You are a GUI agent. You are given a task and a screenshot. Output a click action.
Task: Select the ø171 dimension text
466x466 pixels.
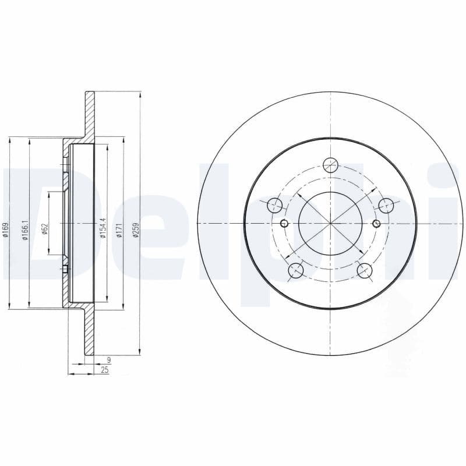[x=119, y=229]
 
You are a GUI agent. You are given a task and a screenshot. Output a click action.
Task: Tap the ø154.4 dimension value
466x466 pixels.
[x=103, y=224]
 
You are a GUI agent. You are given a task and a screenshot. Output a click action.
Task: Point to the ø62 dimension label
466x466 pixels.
[x=44, y=228]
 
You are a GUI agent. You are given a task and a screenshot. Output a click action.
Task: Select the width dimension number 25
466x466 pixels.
[x=105, y=370]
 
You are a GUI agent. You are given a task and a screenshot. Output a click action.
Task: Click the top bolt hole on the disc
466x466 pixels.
[x=330, y=165]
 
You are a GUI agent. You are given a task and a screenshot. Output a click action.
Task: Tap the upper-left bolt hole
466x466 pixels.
[x=274, y=205]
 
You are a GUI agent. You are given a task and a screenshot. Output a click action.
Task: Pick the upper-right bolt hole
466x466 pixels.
[x=386, y=205]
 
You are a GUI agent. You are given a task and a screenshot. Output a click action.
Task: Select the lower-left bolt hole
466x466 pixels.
[x=296, y=270]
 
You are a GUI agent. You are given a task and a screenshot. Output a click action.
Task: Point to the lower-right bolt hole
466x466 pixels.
[x=365, y=270]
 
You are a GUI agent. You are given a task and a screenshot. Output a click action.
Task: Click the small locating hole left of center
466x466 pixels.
[x=284, y=224]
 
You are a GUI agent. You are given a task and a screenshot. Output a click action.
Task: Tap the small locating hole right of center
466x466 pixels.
[x=376, y=224]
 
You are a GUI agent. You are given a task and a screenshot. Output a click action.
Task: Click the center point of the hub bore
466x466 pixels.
[x=330, y=224]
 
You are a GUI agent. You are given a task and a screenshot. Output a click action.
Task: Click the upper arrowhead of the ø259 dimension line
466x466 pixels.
[x=140, y=95]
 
